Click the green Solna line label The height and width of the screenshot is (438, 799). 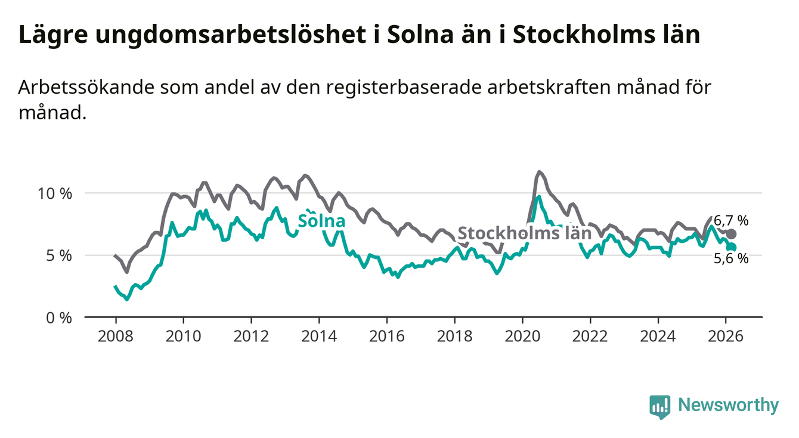click(321, 221)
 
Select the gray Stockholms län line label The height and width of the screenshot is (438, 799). click(524, 233)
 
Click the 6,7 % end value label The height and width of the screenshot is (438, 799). click(731, 220)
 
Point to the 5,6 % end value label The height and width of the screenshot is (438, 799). click(731, 258)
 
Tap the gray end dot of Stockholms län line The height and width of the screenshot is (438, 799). click(732, 234)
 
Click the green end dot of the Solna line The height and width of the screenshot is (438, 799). click(732, 247)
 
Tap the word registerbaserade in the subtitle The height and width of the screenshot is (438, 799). click(417, 87)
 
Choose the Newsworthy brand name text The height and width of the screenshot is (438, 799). click(728, 406)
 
